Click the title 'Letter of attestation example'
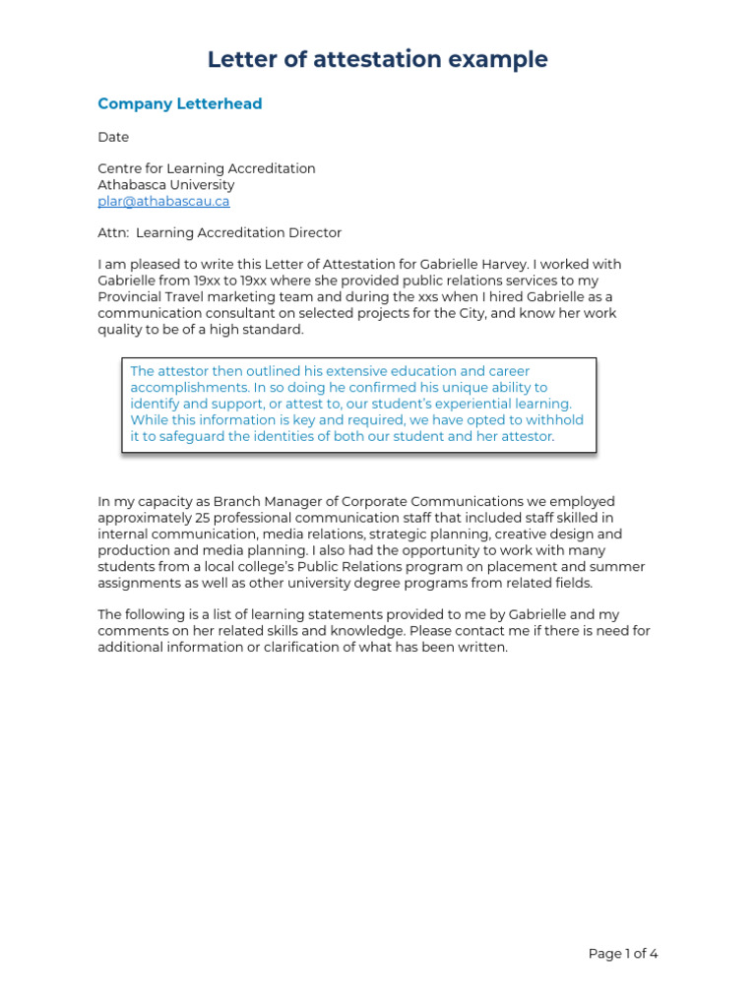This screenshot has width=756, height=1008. [x=377, y=60]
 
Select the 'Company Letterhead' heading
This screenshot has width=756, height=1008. [x=179, y=104]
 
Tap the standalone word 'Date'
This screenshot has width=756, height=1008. [x=113, y=137]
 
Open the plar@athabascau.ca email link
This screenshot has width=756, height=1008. [x=163, y=201]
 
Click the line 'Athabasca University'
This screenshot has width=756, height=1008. [x=165, y=185]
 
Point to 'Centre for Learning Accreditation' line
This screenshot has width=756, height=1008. [x=207, y=168]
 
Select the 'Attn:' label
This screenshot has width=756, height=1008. [x=113, y=233]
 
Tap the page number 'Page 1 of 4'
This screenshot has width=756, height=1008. [x=622, y=954]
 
